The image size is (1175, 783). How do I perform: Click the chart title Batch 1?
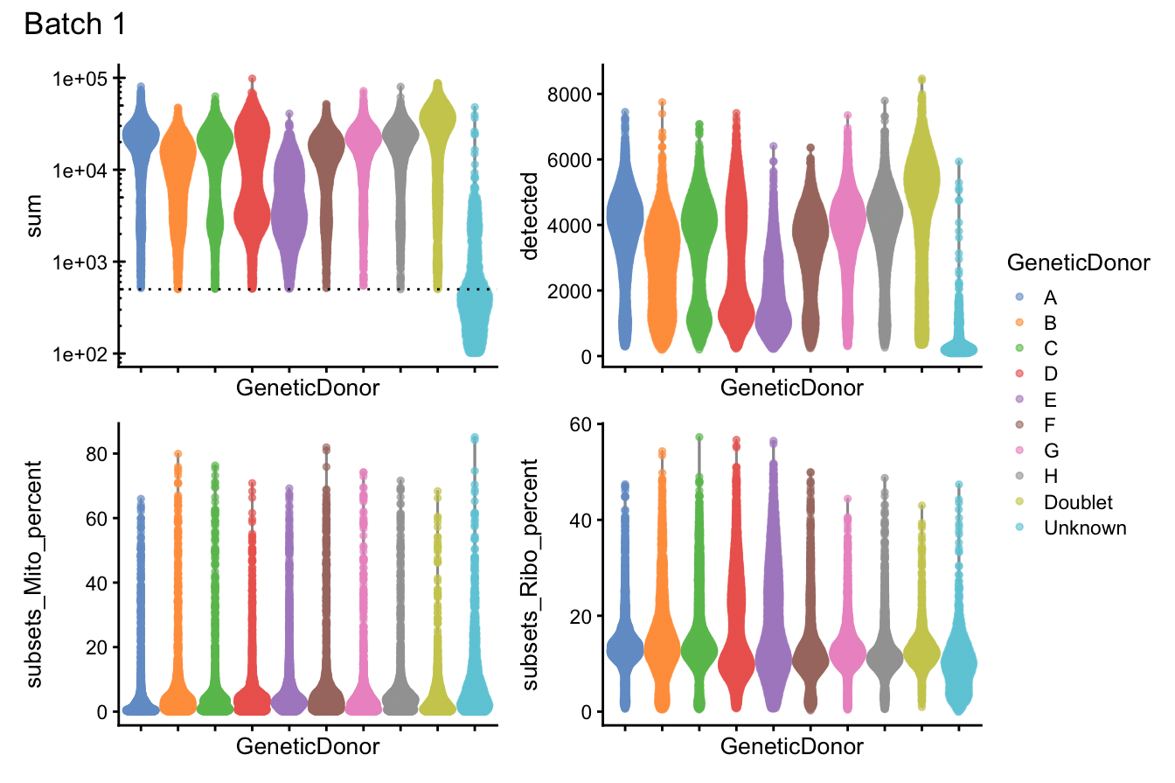click(x=75, y=24)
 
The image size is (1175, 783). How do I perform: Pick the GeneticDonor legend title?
click(x=1077, y=262)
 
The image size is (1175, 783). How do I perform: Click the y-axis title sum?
click(x=36, y=216)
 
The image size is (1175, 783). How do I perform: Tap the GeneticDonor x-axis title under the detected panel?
click(x=791, y=388)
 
